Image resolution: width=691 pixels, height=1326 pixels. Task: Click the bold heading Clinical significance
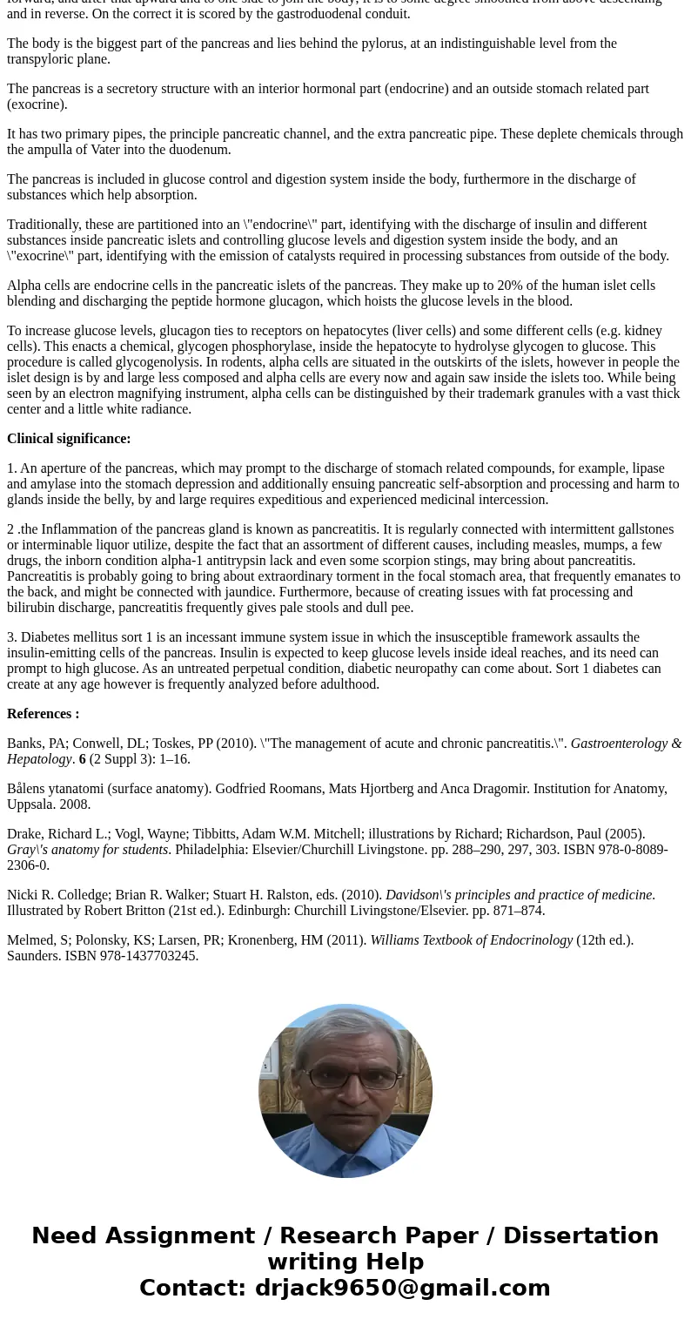tap(69, 439)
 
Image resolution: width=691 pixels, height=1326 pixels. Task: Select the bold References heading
tap(43, 714)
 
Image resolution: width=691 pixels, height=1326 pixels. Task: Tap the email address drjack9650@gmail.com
tap(402, 1288)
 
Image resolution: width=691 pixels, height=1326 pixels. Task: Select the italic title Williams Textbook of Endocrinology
tap(471, 940)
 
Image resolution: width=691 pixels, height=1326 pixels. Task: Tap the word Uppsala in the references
tap(29, 804)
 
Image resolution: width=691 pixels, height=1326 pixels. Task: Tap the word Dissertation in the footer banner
tap(580, 1235)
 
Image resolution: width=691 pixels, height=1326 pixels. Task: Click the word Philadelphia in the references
tap(211, 850)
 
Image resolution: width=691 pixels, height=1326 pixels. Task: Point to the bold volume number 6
tap(83, 759)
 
